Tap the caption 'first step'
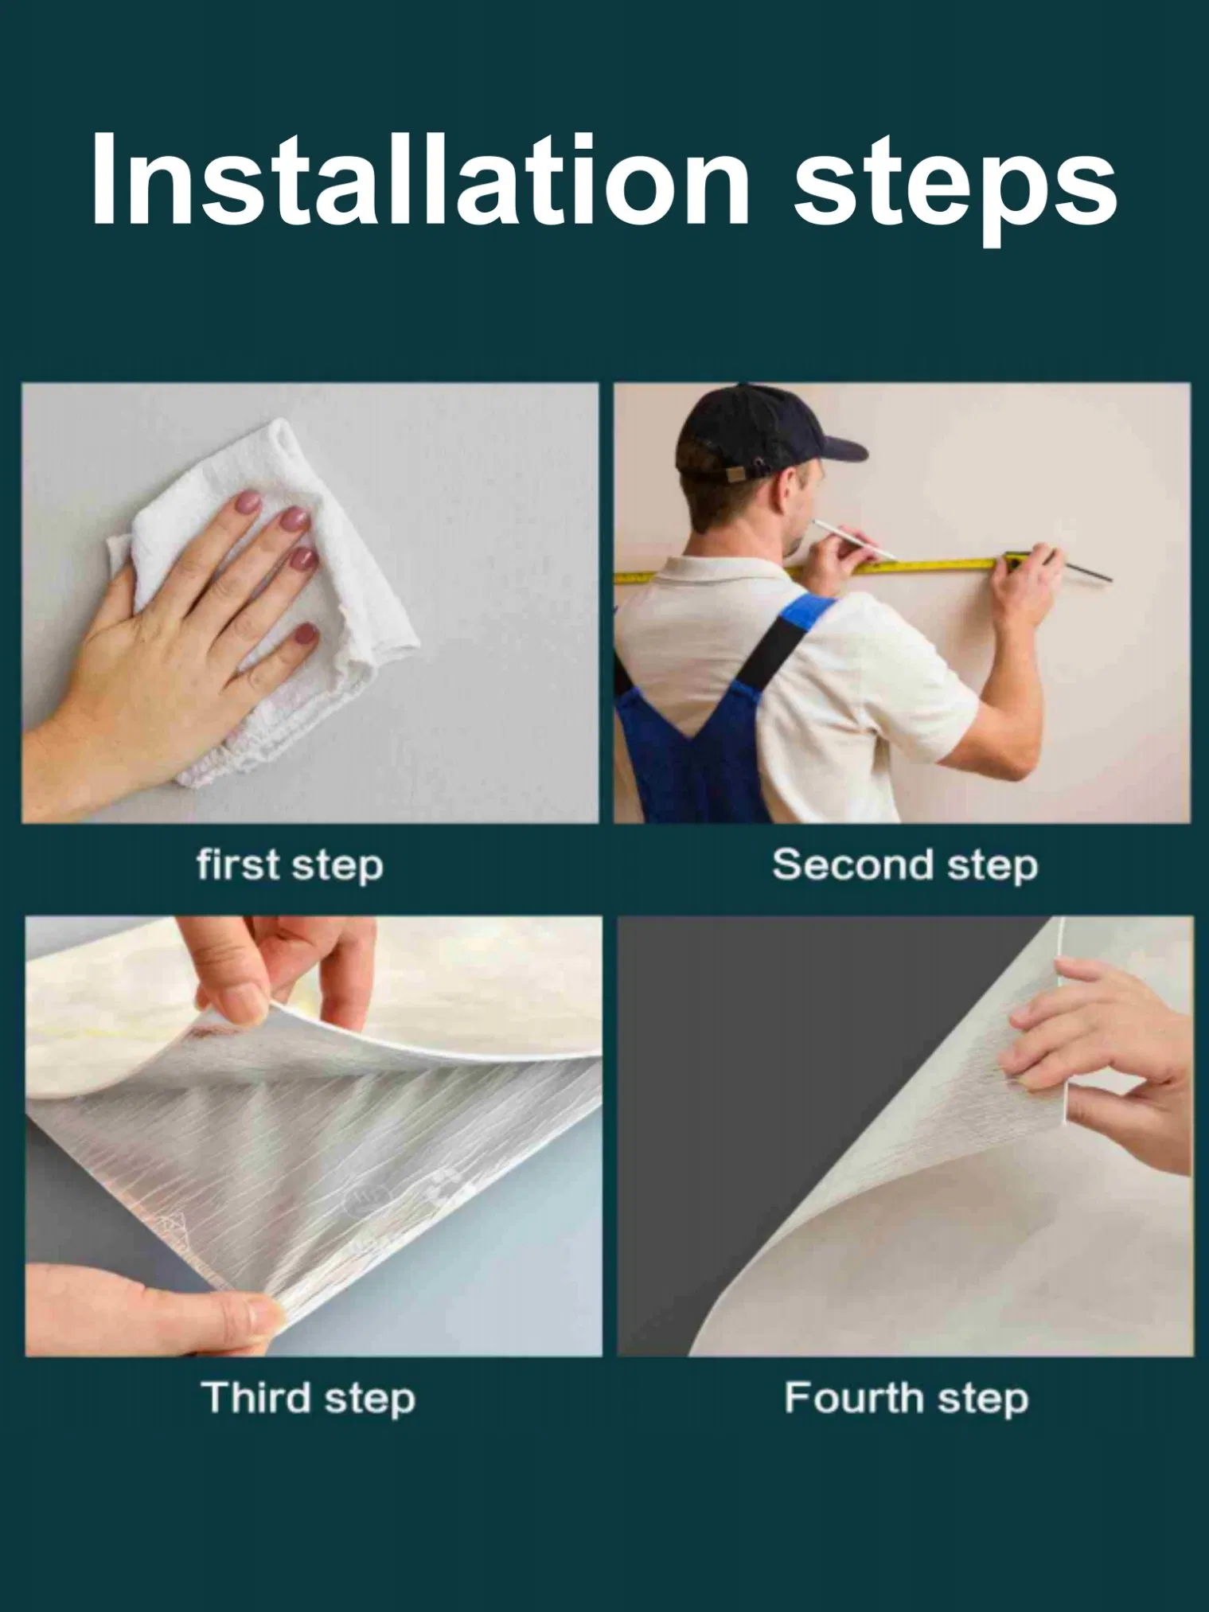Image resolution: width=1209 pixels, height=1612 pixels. click(x=290, y=865)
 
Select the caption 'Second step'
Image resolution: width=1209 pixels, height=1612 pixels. click(x=905, y=865)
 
